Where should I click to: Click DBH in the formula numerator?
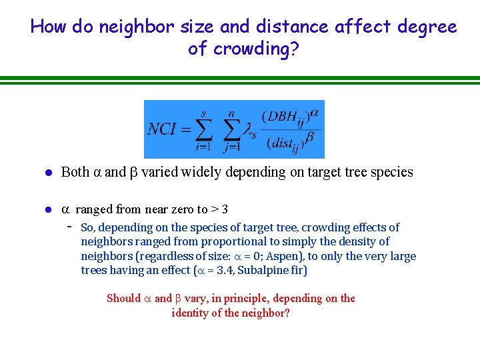[x=280, y=116]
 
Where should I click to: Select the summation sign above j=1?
[x=231, y=129]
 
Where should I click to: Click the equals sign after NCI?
[x=185, y=129]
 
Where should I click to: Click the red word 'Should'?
[x=124, y=298]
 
